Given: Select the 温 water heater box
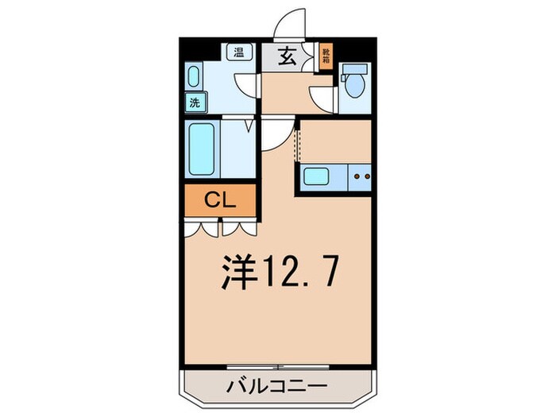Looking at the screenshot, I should pos(238,53).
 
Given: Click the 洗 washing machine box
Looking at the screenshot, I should pos(195,102).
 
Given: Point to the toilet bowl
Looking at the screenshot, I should pos(353,82).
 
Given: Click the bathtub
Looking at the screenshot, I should pos(203,149).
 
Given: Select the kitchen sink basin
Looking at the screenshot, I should pos(316,176).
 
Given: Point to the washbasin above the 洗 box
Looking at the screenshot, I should pos(195,78).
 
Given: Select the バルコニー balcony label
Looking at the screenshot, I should pos(277,388).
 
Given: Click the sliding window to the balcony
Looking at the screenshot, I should pos(277,366).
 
